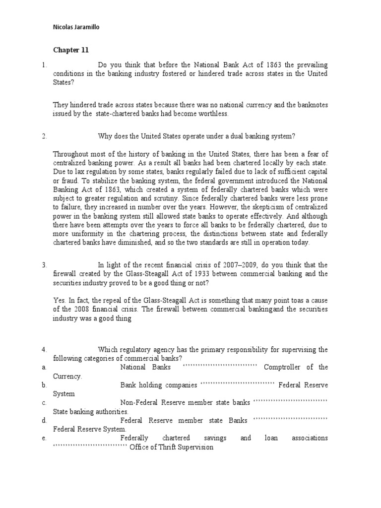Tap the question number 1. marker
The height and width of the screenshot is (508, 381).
pos(44,65)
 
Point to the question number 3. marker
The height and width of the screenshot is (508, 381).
pos(44,265)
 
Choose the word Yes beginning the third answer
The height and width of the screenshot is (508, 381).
pos(59,301)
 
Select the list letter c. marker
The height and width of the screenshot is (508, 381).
pos(44,402)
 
